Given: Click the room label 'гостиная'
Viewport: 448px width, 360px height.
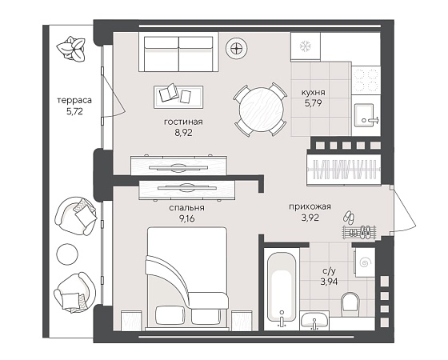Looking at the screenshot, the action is tap(183, 122).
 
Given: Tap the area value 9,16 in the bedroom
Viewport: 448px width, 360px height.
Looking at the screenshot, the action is tap(186, 219).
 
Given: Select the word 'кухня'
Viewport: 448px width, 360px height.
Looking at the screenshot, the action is tap(313, 93).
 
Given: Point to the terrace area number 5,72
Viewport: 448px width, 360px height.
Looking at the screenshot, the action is tap(74, 111).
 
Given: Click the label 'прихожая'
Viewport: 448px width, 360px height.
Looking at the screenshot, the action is tap(310, 206).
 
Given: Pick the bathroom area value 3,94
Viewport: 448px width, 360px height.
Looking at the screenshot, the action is tap(329, 282).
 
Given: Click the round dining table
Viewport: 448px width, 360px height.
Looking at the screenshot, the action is tap(262, 109).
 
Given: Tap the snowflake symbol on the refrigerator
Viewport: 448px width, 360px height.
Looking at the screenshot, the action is tap(305, 47).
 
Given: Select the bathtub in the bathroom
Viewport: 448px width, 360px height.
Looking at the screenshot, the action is tap(282, 287).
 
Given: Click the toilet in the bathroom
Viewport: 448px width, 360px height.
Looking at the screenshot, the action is tap(350, 304).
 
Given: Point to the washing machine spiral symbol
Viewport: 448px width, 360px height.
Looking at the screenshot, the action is tap(366, 262).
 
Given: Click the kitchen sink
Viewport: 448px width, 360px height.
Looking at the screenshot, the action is tap(364, 114).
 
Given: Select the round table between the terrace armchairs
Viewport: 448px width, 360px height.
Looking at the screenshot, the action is tap(67, 254).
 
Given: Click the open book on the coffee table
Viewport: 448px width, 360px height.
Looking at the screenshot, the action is tap(168, 92).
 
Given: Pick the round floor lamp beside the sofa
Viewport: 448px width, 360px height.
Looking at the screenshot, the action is tap(237, 49).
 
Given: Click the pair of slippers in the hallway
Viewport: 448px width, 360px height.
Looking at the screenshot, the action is tap(350, 218).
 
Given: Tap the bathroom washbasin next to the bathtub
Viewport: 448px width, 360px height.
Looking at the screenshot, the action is tap(314, 321).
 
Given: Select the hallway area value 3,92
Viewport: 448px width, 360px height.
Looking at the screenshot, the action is tap(310, 218).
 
